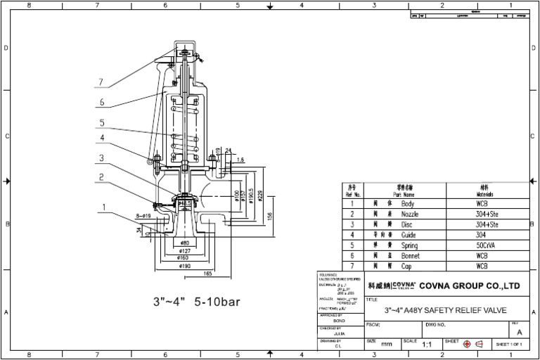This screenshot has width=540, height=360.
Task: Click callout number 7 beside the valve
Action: point(101,82)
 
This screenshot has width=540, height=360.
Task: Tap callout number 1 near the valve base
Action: point(104,207)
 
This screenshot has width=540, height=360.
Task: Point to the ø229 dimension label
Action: point(259,197)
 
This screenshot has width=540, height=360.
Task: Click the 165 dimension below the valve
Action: point(208,273)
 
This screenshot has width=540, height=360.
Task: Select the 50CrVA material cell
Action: point(487,245)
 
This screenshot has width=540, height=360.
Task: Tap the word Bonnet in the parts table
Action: point(411,256)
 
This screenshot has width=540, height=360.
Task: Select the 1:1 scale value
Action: point(427,345)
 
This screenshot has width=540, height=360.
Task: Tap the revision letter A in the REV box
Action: point(520,331)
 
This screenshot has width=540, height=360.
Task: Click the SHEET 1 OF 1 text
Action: point(511,345)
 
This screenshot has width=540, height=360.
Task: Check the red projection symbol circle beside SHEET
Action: point(466,344)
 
